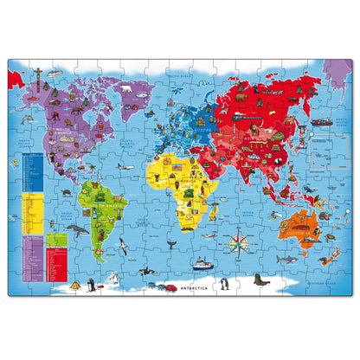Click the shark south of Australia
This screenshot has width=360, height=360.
coord(326,259)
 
